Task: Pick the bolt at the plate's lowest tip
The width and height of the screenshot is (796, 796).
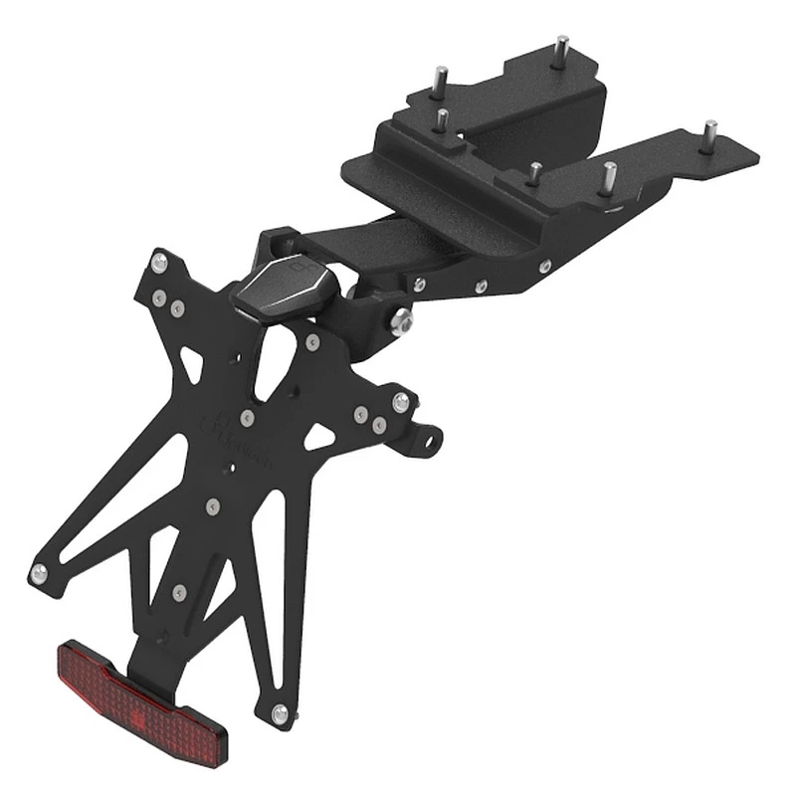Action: click(x=280, y=712)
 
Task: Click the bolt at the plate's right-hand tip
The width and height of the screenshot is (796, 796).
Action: click(x=400, y=402)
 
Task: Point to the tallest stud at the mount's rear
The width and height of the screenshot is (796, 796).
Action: click(x=561, y=49)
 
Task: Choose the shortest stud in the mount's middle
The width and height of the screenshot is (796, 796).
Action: click(x=534, y=173)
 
